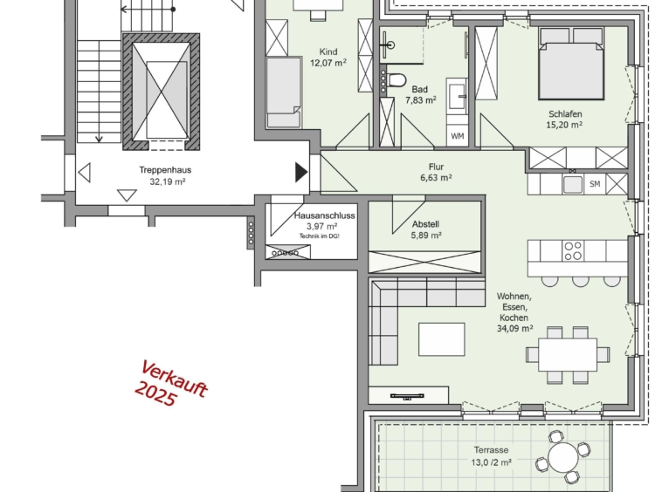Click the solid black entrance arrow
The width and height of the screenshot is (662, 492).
coord(300,172)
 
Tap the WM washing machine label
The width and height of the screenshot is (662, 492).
coord(458,136)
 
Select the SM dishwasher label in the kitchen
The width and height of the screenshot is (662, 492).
coord(595,184)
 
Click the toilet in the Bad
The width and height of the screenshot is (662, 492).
coord(396,79)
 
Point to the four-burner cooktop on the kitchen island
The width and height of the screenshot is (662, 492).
coord(573,250)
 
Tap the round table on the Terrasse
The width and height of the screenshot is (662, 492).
coord(563,457)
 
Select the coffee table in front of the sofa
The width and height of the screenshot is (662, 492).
coord(442,339)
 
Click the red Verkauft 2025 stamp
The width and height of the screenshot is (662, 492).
coord(171,384)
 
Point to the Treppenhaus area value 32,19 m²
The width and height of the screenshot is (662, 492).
coord(168,181)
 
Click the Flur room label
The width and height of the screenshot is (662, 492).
coord(436,167)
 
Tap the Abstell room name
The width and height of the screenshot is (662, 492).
coord(425,224)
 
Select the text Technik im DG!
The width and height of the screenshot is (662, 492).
coord(319,236)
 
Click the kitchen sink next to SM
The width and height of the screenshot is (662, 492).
coord(573,184)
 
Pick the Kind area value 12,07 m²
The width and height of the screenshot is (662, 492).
coord(328,63)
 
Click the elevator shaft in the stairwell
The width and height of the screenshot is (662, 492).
coord(162,92)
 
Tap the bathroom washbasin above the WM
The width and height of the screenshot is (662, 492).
coord(458,96)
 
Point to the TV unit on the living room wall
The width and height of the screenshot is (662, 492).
coord(408,395)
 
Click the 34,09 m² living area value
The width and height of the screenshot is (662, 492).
coord(514,328)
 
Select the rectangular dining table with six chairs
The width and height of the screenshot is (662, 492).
coord(568,354)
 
